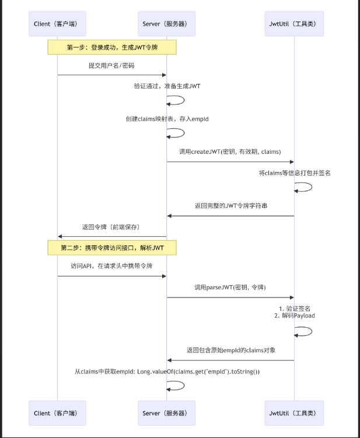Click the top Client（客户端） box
57,23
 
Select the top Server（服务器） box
167,23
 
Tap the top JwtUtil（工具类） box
294,23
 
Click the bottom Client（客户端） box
57,413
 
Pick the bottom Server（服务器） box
167,413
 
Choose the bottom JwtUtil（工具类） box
294,413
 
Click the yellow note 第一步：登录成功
112,47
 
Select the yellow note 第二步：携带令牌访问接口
112,248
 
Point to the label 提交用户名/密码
111,66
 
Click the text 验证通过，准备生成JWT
167,86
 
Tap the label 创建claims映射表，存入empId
167,118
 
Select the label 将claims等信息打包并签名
295,173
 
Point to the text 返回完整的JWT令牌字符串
231,206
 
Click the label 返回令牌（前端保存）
111,226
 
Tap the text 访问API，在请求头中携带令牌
111,267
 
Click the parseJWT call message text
230,288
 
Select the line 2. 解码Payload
295,316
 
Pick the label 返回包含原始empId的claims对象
231,350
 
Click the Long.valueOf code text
167,371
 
